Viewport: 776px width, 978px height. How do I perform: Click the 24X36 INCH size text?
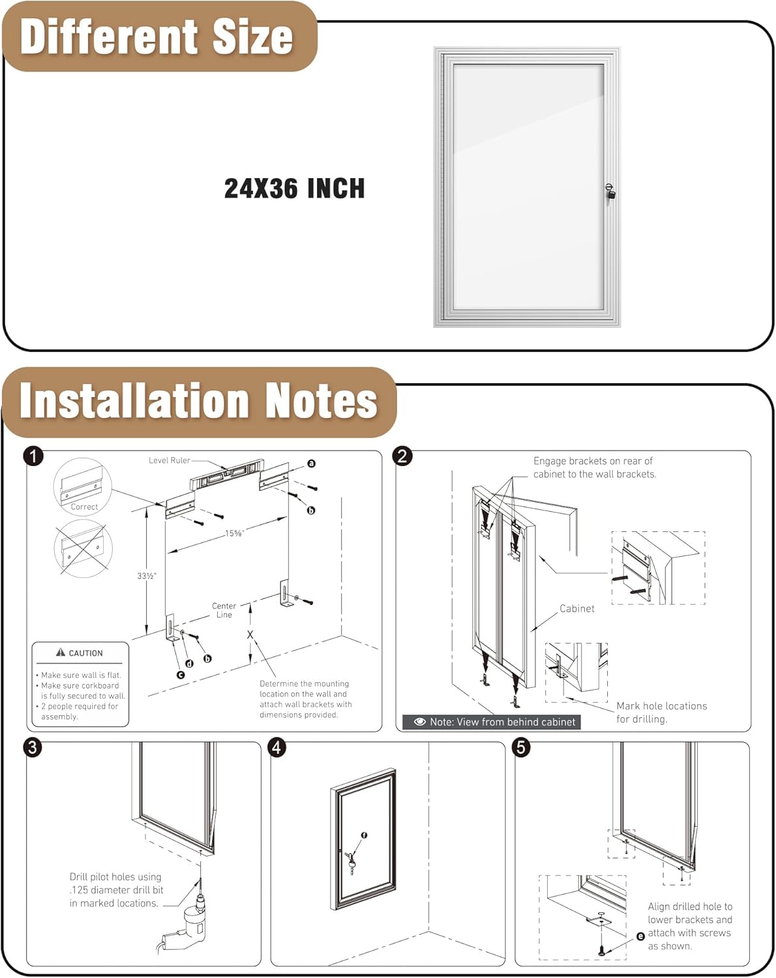coord(294,189)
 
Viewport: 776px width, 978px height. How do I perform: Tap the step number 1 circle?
coord(33,456)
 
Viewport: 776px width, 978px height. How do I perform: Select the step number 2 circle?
coord(403,456)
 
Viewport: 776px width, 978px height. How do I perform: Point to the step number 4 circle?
coord(277,747)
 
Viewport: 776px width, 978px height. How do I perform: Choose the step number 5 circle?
coord(521,747)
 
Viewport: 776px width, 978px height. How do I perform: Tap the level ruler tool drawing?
coord(227,474)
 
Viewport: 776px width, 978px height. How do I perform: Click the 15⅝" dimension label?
coord(234,533)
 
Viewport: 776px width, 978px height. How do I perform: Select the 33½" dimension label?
coord(147,576)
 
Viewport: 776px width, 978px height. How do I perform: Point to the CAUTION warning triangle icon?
coord(61,652)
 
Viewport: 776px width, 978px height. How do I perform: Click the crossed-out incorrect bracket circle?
coord(83,548)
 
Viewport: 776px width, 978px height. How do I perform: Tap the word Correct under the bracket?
coord(84,507)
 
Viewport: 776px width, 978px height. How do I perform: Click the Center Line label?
coord(224,610)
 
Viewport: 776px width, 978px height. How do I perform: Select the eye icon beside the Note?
coord(420,722)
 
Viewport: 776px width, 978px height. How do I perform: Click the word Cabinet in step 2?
coord(577,608)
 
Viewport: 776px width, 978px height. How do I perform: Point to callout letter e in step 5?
coord(640,936)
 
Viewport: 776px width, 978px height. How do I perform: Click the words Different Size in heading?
coord(157,37)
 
